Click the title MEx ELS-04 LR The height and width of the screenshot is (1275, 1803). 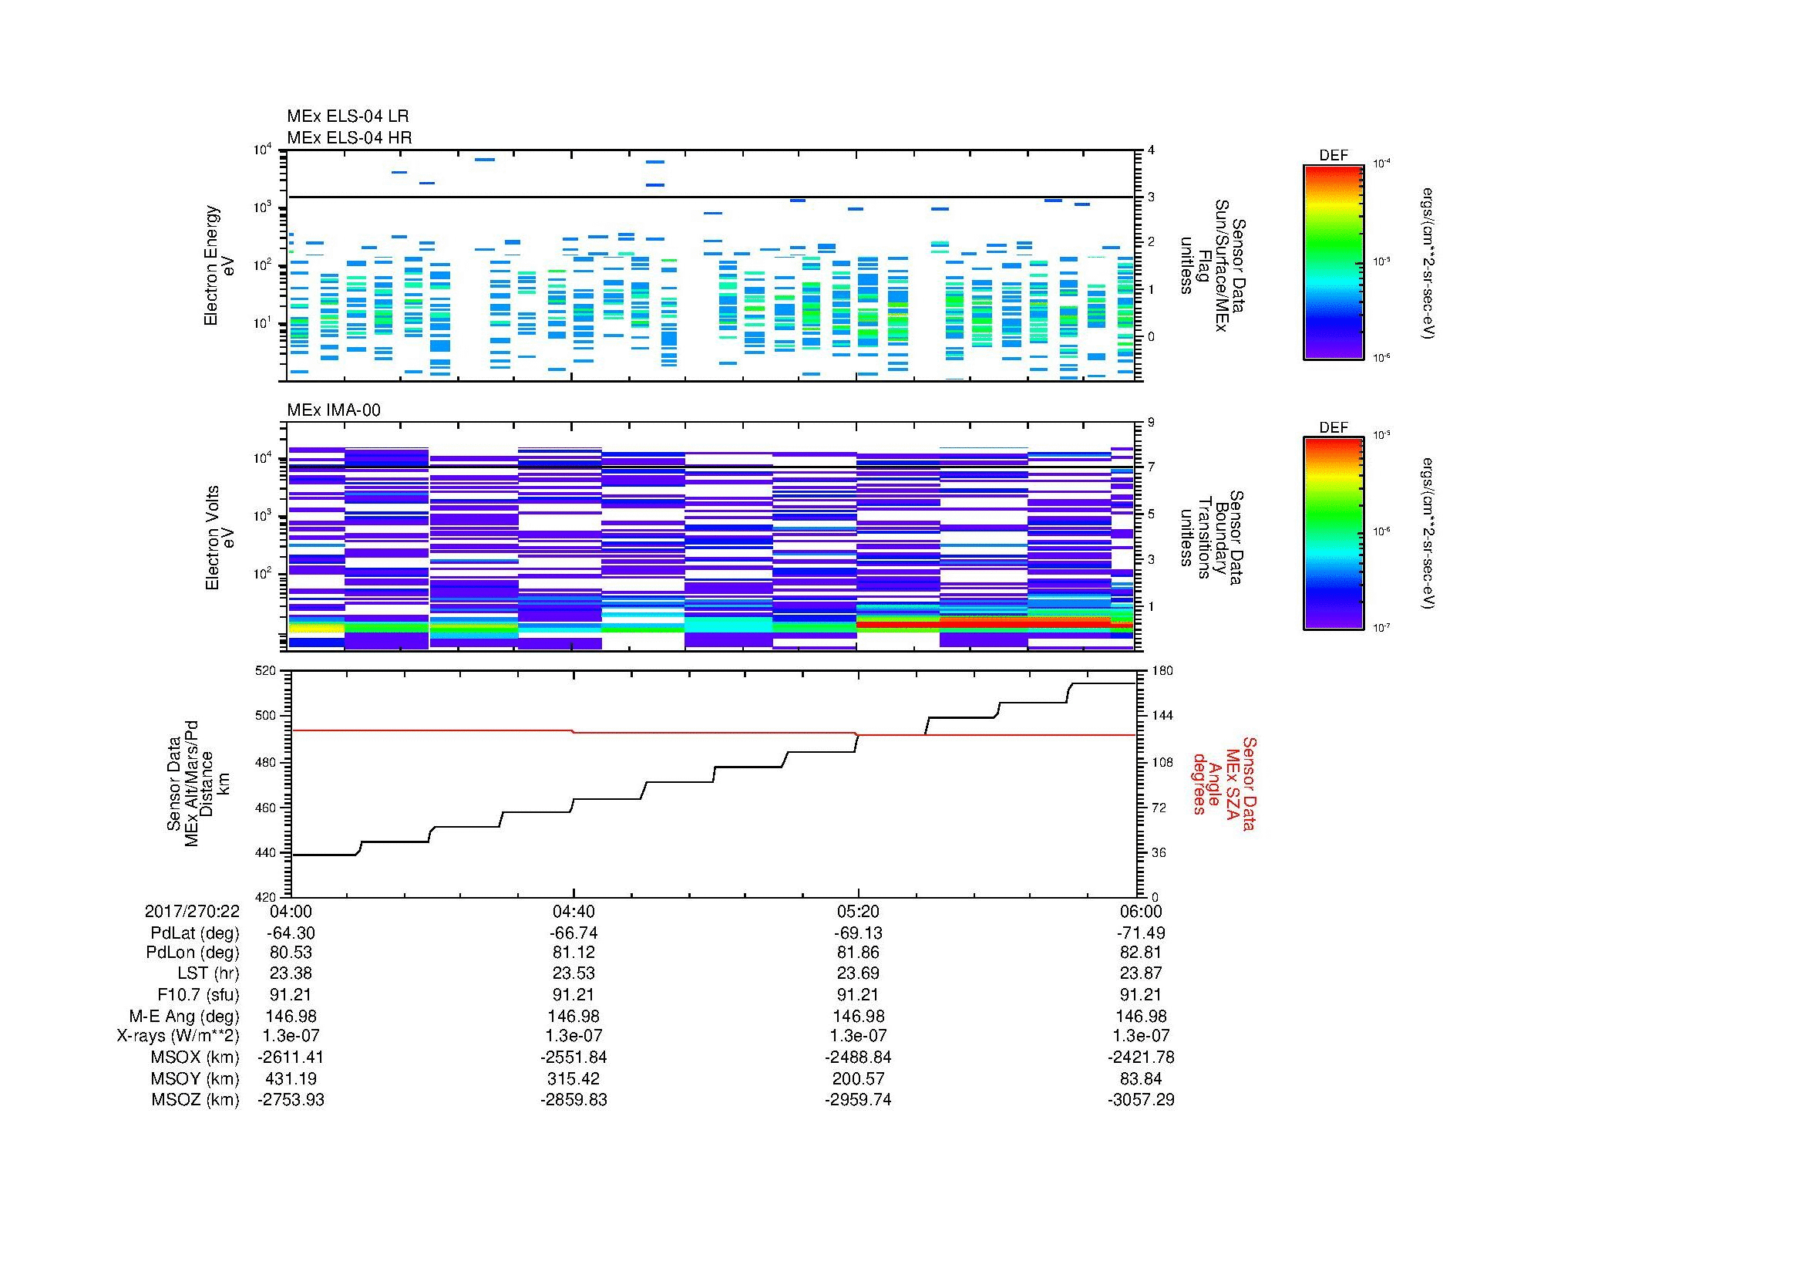tap(347, 116)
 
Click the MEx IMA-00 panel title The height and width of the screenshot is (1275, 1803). tap(333, 410)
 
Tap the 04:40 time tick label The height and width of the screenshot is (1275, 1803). tap(574, 911)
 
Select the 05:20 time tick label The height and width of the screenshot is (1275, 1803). tap(858, 911)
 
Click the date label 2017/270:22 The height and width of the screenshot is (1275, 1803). tap(192, 911)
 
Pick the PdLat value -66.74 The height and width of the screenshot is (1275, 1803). tap(574, 933)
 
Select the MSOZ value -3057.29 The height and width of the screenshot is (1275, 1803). tap(1141, 1100)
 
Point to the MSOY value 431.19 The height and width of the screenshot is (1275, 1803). tap(291, 1078)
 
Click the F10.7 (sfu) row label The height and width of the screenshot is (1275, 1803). tap(197, 994)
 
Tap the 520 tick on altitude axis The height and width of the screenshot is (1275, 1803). tap(266, 671)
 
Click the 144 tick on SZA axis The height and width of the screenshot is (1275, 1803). tap(1162, 716)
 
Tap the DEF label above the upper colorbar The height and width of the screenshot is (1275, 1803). tap(1334, 156)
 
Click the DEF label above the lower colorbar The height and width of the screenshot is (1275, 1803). tap(1334, 428)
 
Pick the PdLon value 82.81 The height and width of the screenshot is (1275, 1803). tap(1141, 953)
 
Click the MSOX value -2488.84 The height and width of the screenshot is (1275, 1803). tap(858, 1057)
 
